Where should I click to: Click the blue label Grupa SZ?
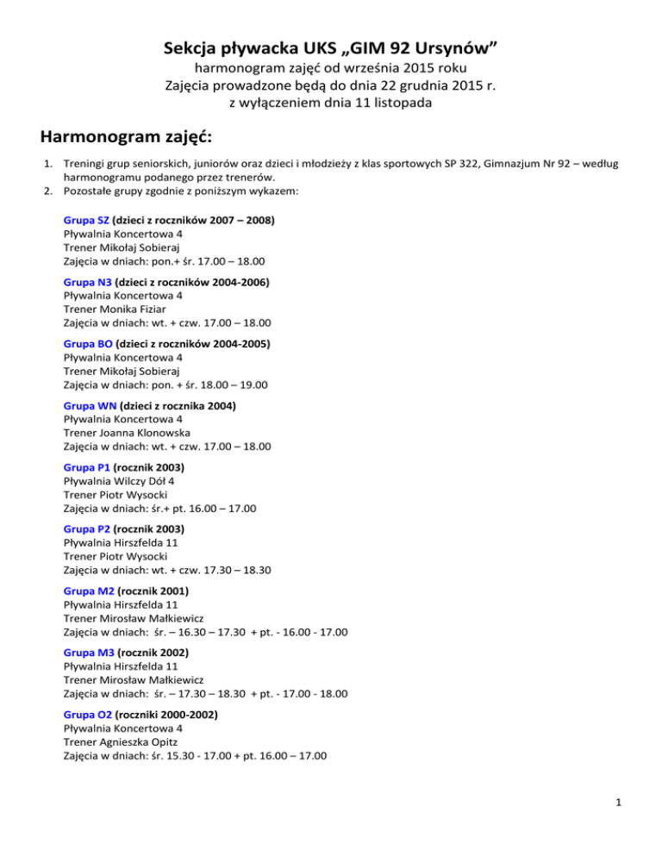click(86, 221)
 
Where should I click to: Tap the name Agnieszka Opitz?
click(143, 740)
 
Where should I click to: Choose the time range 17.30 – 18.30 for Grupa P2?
click(232, 555)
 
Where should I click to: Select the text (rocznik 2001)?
click(153, 590)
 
